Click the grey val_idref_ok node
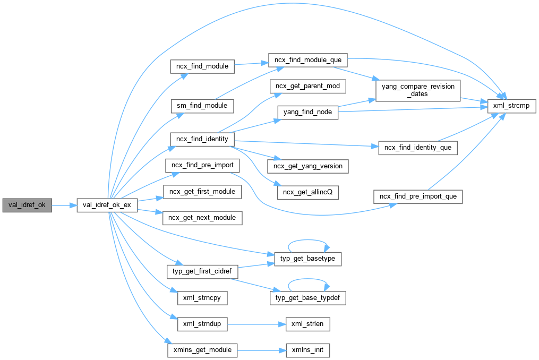(x=27, y=204)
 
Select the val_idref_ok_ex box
(x=107, y=204)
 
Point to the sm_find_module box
(x=202, y=105)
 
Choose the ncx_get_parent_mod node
(x=308, y=86)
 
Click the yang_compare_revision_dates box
(x=417, y=90)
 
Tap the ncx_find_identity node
(x=202, y=139)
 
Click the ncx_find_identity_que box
(x=417, y=147)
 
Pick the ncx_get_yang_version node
(x=308, y=166)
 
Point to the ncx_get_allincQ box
(x=308, y=192)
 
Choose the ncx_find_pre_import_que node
(x=417, y=196)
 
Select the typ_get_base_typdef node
(x=308, y=298)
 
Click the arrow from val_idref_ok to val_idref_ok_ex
(x=64, y=204)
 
